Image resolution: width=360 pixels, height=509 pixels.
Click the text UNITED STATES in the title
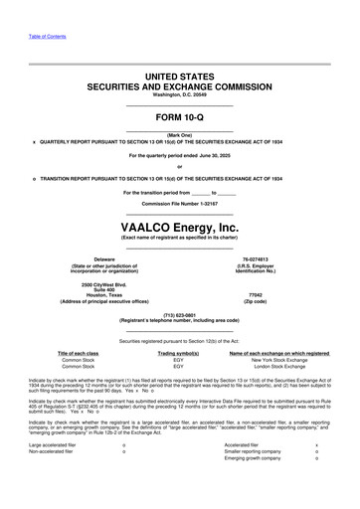(x=180, y=76)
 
